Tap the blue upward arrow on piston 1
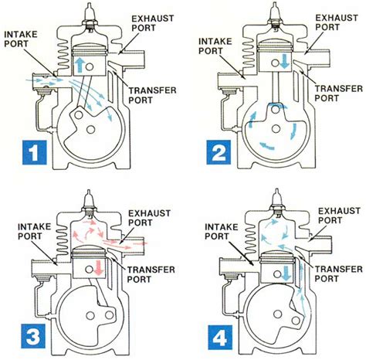(x=83, y=62)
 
